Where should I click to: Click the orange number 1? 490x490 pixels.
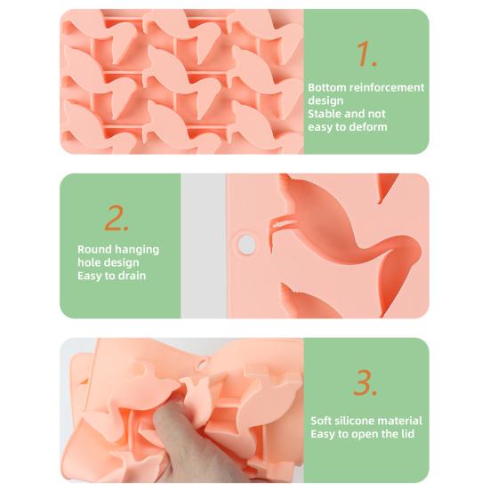[366, 54]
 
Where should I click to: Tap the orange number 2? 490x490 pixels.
[116, 218]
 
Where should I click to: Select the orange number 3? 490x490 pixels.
[365, 382]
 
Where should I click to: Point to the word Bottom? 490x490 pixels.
[326, 87]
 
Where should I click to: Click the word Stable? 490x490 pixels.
[324, 114]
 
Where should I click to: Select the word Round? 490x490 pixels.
[94, 249]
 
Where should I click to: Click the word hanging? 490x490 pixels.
[137, 250]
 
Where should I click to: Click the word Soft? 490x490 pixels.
[323, 421]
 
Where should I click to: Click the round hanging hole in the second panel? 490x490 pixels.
[246, 244]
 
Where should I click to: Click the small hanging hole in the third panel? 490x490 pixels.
[202, 365]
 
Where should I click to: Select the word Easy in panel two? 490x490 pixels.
[90, 276]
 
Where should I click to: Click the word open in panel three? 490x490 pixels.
[365, 434]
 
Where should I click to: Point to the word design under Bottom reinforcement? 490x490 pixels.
[325, 101]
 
